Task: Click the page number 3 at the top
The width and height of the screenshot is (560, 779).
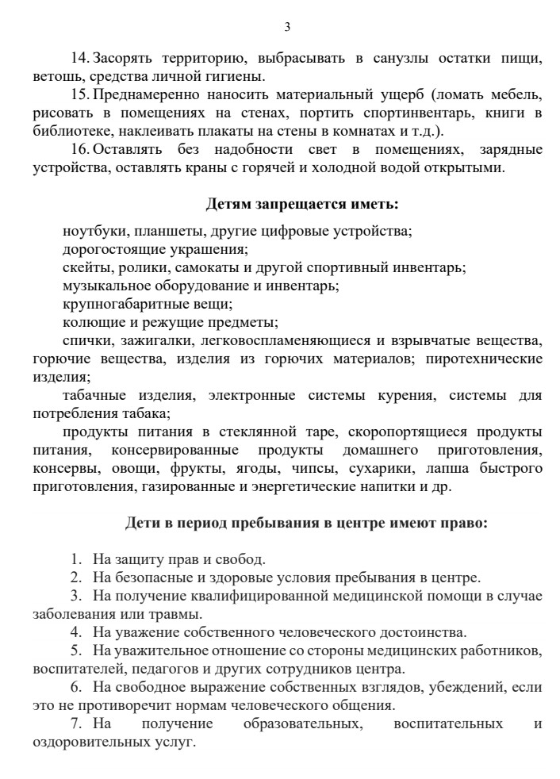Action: pos(287,27)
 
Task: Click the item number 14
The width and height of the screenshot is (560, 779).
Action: pos(81,60)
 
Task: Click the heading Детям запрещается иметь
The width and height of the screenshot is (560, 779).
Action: pos(302,204)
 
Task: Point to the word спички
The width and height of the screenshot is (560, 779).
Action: pos(86,341)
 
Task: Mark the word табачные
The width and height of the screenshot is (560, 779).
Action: pos(91,395)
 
